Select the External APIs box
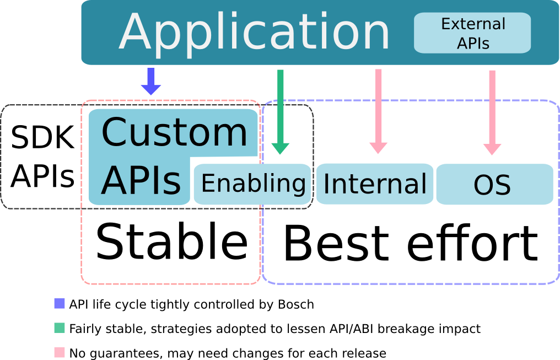(x=472, y=33)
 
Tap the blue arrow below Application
(x=151, y=82)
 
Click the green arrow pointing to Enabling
(x=281, y=112)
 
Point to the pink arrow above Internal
(x=378, y=111)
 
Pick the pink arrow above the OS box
(x=492, y=113)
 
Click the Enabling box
(x=252, y=184)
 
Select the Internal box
(x=375, y=184)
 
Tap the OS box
(x=495, y=184)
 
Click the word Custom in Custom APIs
(x=174, y=132)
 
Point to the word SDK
(x=42, y=137)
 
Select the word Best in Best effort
(x=336, y=244)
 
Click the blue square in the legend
(x=60, y=304)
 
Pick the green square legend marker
(x=60, y=328)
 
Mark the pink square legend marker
(x=60, y=352)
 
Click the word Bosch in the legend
(x=296, y=305)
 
